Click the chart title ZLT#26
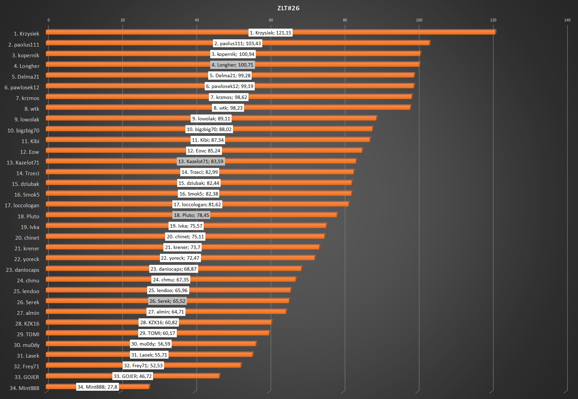[288, 8]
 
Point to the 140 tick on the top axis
[567, 20]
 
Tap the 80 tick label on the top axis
[345, 20]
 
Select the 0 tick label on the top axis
[49, 20]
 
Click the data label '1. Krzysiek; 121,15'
[270, 33]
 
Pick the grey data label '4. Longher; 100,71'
[232, 65]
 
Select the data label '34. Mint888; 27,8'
[97, 387]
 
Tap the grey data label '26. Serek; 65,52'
[167, 301]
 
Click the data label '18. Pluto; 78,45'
[191, 215]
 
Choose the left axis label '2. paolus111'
[24, 44]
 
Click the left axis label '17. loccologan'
[22, 206]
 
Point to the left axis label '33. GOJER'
[27, 377]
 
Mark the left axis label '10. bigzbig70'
[23, 130]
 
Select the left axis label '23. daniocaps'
[22, 270]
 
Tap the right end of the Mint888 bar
[149, 387]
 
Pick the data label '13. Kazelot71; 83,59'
[201, 161]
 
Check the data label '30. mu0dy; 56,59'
[151, 344]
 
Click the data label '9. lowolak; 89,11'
[211, 119]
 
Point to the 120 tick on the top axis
[493, 20]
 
